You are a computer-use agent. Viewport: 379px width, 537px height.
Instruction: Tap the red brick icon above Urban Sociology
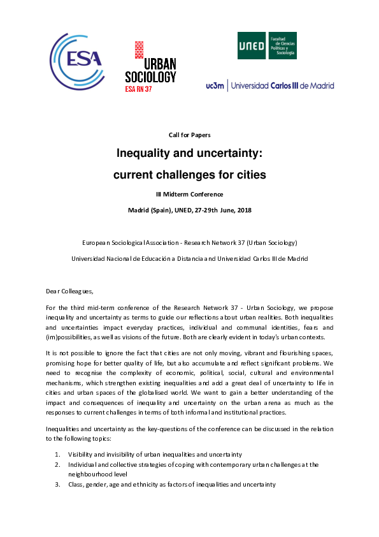138,49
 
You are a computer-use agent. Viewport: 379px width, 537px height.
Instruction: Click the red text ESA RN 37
138,90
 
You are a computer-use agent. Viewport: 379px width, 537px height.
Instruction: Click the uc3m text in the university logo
215,85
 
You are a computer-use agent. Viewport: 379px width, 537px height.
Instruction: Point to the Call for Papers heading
189,135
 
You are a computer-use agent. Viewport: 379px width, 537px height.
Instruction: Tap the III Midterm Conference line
189,194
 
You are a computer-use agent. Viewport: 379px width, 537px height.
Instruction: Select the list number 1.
57,454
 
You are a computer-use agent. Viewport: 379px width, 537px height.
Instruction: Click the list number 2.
57,464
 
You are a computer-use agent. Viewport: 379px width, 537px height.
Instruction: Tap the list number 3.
57,485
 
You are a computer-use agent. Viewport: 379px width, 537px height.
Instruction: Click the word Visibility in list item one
82,454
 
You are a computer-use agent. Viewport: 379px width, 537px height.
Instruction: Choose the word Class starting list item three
76,485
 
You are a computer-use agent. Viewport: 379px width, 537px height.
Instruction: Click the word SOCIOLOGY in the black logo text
150,77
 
